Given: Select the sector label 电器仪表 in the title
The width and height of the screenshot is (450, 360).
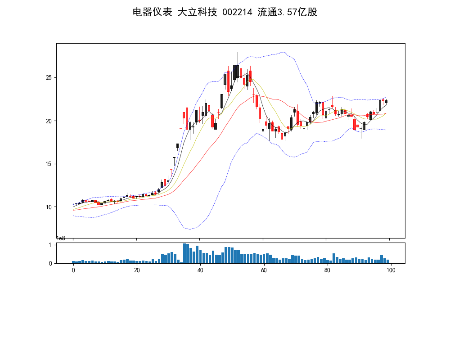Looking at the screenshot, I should [152, 13].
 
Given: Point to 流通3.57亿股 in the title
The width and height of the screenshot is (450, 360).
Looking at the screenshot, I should [288, 13].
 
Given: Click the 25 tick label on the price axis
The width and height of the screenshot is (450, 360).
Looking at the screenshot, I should [49, 78].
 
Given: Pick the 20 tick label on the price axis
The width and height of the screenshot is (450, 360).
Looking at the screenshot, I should [49, 121].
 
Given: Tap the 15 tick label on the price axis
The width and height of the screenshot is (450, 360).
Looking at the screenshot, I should [49, 164].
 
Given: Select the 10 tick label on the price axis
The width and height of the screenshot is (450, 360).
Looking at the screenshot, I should [49, 207].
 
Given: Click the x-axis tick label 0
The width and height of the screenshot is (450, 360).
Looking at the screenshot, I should [73, 270].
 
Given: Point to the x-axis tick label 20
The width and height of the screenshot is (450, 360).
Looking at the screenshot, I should [137, 270].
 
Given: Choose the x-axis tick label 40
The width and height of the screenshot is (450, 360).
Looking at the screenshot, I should [200, 270].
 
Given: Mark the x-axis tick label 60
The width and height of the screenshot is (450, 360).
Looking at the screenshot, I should [264, 270].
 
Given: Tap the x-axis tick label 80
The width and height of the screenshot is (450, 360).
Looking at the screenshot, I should [327, 270].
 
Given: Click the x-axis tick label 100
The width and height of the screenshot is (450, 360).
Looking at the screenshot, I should [391, 270].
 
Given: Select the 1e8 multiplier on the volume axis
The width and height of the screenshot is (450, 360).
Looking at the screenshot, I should [61, 238].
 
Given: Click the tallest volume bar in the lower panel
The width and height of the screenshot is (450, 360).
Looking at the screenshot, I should [184, 253].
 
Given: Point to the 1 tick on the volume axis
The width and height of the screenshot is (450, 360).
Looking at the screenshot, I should [50, 245].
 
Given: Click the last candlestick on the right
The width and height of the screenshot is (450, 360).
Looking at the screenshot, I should [386, 102].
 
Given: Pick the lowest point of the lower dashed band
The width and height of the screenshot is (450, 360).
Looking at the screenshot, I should [190, 229].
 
